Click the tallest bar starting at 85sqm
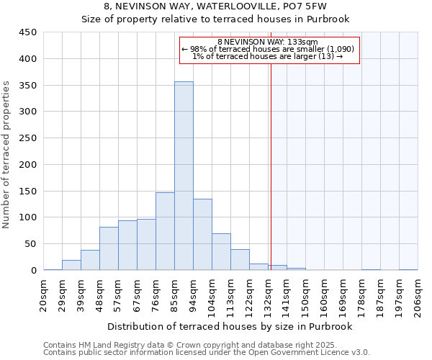pyautogui.click(x=184, y=176)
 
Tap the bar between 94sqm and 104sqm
pyautogui.click(x=202, y=235)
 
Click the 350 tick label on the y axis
pyautogui.click(x=28, y=86)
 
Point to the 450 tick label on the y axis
pyautogui.click(x=28, y=32)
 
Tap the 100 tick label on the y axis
pyautogui.click(x=28, y=217)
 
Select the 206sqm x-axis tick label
pyautogui.click(x=418, y=294)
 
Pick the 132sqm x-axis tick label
pyautogui.click(x=269, y=294)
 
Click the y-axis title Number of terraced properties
pyautogui.click(x=6, y=155)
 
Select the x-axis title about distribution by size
pyautogui.click(x=231, y=326)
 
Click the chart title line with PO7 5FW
pyautogui.click(x=215, y=6)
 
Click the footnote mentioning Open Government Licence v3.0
pyautogui.click(x=207, y=353)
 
